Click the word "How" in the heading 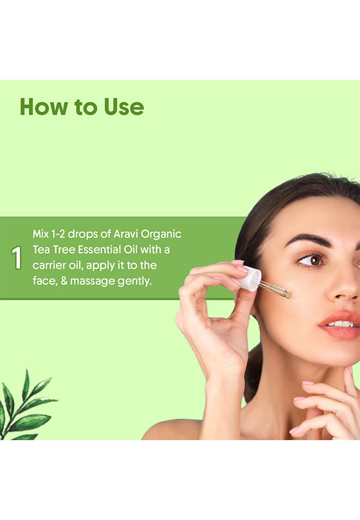pyautogui.click(x=44, y=107)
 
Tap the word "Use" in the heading pyautogui.click(x=124, y=107)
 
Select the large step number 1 pyautogui.click(x=17, y=258)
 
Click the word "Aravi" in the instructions pyautogui.click(x=125, y=234)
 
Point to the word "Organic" pyautogui.click(x=161, y=234)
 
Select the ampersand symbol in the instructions pyautogui.click(x=64, y=281)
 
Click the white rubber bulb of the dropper pyautogui.click(x=250, y=278)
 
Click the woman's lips pyautogui.click(x=340, y=325)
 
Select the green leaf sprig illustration pyautogui.click(x=26, y=407)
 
